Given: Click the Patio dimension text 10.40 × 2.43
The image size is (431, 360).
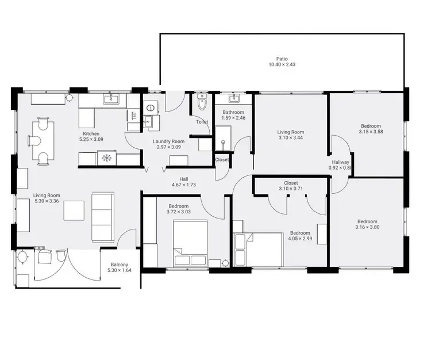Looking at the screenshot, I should pos(281,65).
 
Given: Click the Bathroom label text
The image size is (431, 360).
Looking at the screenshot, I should pos(233,113).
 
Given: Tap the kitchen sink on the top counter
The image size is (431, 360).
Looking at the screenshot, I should pos(111,99).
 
